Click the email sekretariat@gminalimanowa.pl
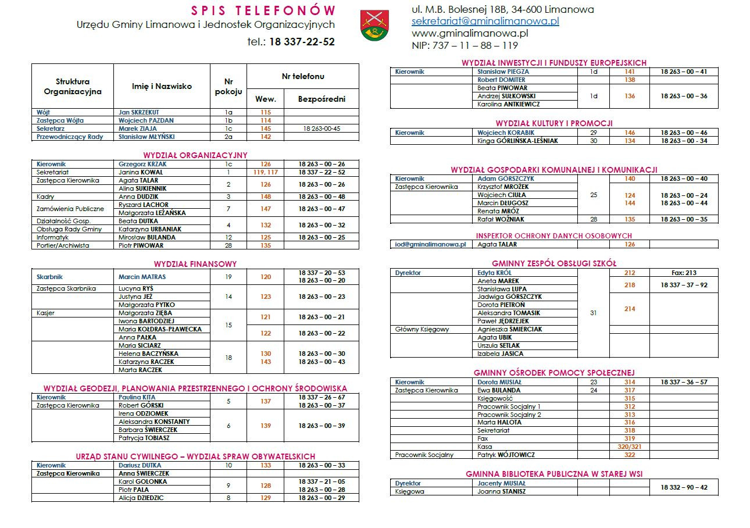(x=485, y=21)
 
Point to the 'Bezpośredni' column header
(x=322, y=99)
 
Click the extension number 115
(x=266, y=112)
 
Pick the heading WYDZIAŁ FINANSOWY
(x=195, y=264)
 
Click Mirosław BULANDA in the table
(x=147, y=237)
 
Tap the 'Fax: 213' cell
(x=683, y=273)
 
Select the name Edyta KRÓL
(x=495, y=273)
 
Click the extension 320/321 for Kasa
(x=630, y=447)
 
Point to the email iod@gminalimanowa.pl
(x=430, y=245)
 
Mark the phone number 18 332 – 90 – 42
(x=684, y=487)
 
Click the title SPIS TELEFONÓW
(x=263, y=10)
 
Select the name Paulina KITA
(x=137, y=397)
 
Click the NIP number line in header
(x=465, y=45)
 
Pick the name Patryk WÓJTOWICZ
(x=506, y=455)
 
